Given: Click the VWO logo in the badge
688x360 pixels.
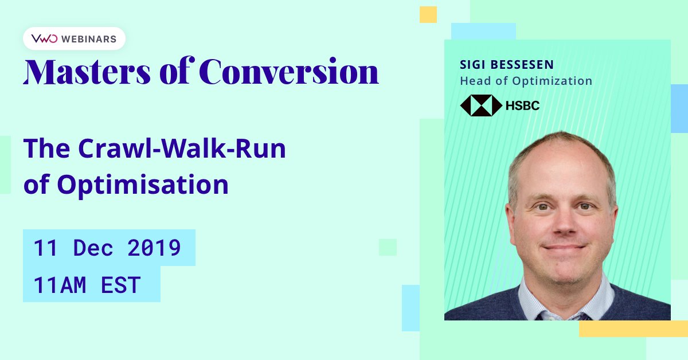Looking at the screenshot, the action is [44, 39].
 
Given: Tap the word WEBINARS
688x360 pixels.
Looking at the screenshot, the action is [89, 39].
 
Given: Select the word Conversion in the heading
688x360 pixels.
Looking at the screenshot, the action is [289, 71].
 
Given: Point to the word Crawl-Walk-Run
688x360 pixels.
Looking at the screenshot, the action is [182, 148].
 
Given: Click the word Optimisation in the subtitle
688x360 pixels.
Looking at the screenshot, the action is [143, 185].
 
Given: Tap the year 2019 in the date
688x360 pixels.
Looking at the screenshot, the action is [154, 248].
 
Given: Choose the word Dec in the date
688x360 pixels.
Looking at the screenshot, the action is [93, 248].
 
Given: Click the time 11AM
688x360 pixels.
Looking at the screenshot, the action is [60, 285].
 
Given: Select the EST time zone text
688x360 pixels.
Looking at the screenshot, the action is [121, 285].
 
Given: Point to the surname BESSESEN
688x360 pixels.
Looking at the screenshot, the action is [522, 65].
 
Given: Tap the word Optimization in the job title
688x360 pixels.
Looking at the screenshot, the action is [552, 81].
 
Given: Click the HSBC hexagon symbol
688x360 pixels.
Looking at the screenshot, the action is [481, 105].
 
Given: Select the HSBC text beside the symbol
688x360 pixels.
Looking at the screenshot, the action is [522, 105].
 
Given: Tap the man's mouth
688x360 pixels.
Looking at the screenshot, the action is [564, 246].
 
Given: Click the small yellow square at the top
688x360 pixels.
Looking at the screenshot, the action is [428, 14].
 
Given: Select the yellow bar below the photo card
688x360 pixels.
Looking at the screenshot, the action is [634, 328].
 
